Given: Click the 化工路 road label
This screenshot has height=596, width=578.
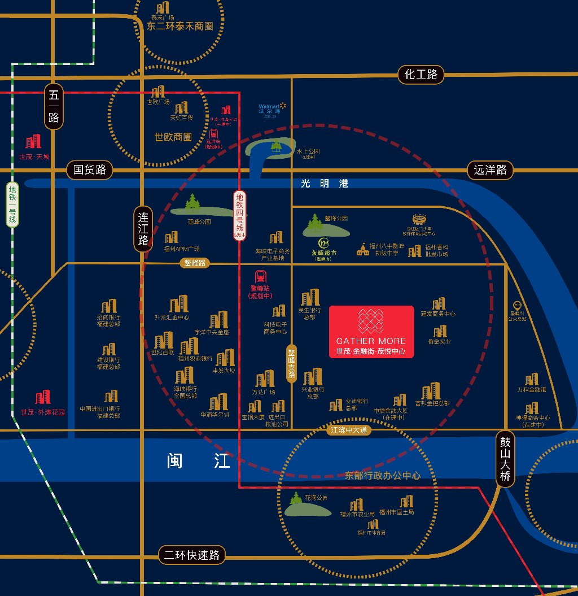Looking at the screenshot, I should (x=421, y=74).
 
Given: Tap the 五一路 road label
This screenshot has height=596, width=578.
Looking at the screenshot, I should (x=54, y=107).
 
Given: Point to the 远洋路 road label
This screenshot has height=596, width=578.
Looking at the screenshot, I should (x=490, y=169).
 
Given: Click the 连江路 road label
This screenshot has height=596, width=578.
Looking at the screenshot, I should (x=143, y=229).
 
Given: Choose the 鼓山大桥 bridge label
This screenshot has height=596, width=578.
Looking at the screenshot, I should (x=505, y=458).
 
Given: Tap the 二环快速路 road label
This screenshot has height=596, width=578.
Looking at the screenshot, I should (x=192, y=555).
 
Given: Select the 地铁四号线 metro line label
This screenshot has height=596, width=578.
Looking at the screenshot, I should (x=240, y=215).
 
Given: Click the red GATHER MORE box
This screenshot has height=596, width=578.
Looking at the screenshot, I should (x=371, y=332).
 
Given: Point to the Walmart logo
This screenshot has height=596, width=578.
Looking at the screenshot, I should (x=270, y=109).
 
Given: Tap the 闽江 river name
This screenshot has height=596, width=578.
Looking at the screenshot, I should (x=199, y=461).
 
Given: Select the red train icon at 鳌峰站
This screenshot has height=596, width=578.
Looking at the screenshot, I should (x=261, y=277).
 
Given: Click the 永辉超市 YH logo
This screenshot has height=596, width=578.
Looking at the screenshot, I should (x=324, y=243).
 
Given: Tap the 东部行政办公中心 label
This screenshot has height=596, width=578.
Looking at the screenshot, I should (x=383, y=476).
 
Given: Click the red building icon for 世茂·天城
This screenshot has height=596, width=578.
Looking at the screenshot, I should (x=34, y=141).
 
